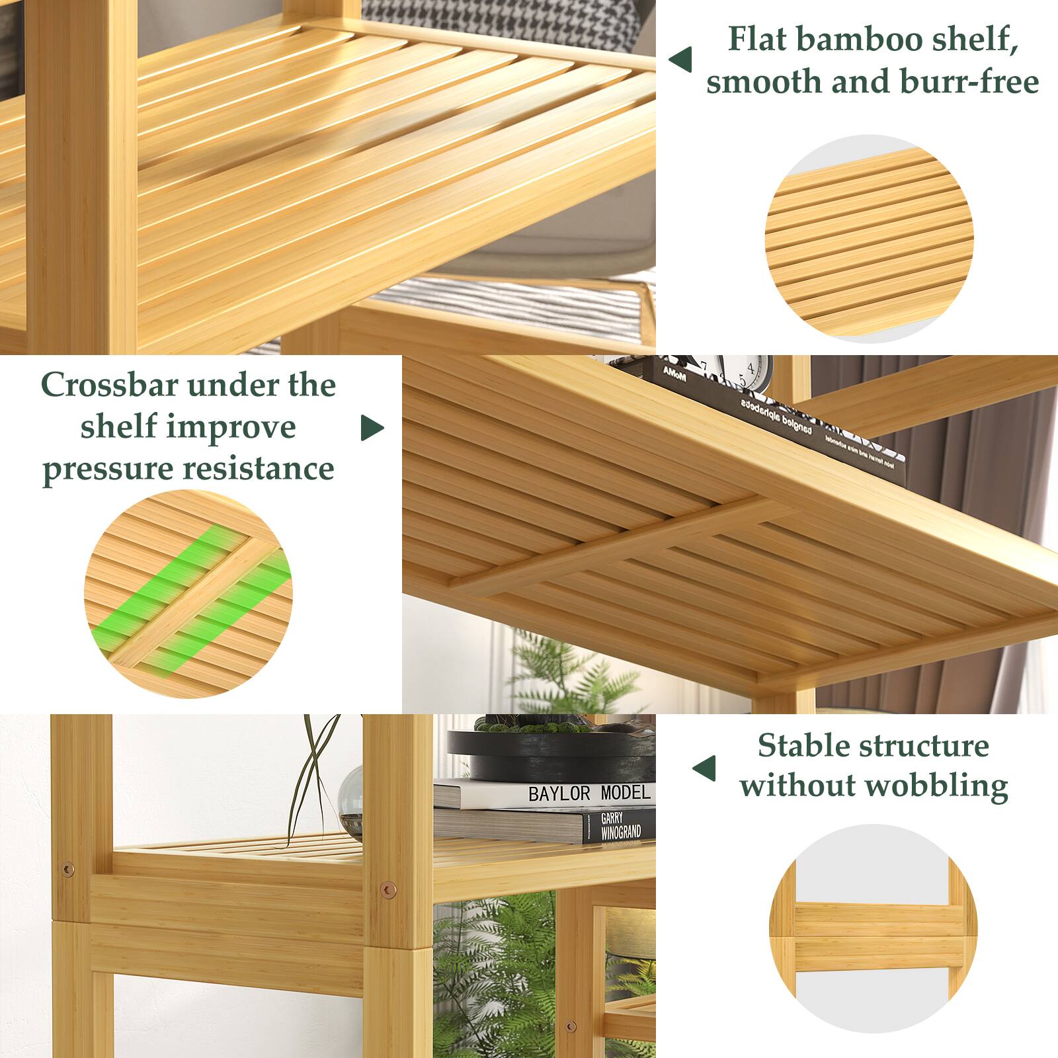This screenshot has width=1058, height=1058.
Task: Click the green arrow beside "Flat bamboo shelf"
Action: coord(680,60)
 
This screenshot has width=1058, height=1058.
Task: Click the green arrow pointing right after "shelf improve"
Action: coord(372,428)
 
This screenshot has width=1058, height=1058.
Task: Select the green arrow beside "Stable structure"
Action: coord(704,768)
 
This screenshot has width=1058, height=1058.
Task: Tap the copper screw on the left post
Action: coord(67,869)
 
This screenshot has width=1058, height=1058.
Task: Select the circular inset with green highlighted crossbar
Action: coord(188,593)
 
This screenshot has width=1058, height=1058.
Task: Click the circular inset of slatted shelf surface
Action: coord(869,239)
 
